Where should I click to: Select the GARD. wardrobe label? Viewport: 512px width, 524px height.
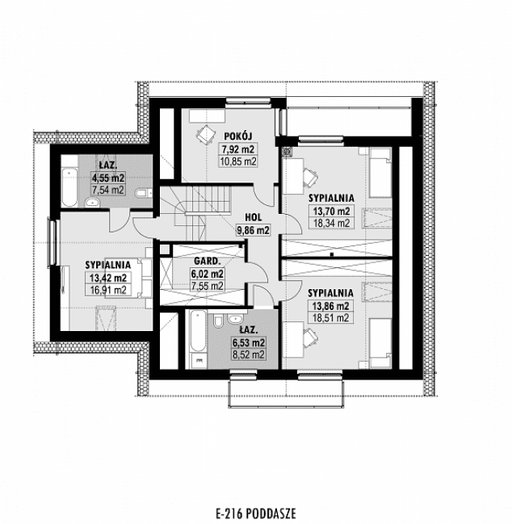coord(207,262)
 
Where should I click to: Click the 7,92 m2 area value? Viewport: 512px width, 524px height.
coord(237,149)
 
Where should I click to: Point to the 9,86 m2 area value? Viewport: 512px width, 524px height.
coord(252,229)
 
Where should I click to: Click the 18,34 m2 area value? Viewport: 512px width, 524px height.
coord(331,222)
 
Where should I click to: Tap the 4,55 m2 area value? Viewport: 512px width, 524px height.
coord(107,178)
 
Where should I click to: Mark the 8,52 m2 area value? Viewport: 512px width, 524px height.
coord(247,354)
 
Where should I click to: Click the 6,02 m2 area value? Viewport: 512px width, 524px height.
coord(207,274)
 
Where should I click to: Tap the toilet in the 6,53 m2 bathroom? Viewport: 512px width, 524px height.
coord(218,324)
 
